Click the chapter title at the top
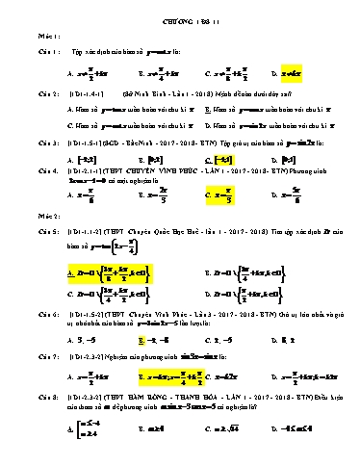pyautogui.click(x=179, y=11)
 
